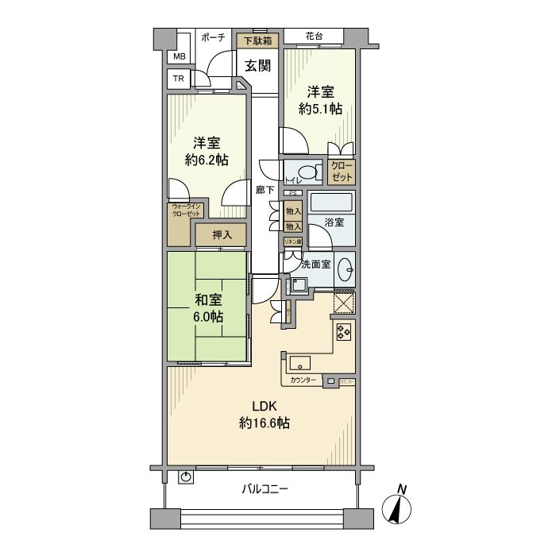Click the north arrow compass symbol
click(x=398, y=508)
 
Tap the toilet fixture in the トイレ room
click(x=305, y=172)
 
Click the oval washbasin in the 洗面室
click(x=346, y=269)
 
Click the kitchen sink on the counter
click(x=301, y=364)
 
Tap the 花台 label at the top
click(x=313, y=37)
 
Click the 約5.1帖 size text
click(x=320, y=108)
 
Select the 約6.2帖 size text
click(x=207, y=160)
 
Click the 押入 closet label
click(x=222, y=235)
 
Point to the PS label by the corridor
click(x=292, y=193)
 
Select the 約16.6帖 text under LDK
click(x=264, y=423)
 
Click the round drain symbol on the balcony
click(x=185, y=477)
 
